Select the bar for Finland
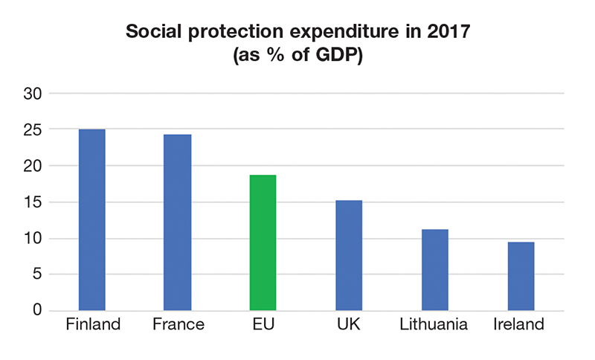point(91,219)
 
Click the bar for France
point(178,222)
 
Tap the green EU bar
point(263,242)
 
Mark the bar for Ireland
point(521,276)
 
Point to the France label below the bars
point(178,325)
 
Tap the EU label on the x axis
point(263,325)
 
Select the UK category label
point(349,325)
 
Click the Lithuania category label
point(434,325)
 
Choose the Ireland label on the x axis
point(520,325)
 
